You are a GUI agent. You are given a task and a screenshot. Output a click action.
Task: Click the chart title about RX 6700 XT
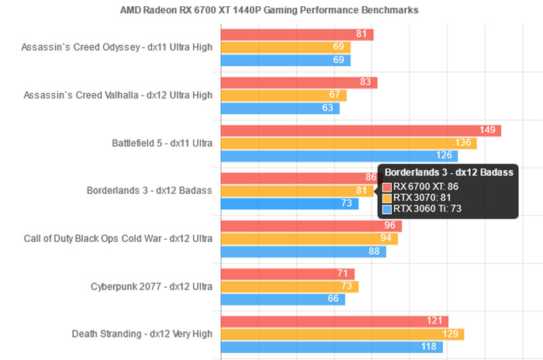coord(270,10)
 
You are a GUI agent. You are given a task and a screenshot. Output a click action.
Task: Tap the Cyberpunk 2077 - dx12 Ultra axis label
coord(151,286)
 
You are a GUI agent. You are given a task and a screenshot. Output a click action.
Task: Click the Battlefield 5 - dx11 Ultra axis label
coord(162,143)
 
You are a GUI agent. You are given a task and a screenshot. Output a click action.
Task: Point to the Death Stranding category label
coord(141,334)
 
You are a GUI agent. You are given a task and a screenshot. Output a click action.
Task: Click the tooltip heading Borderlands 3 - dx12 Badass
coord(448,171)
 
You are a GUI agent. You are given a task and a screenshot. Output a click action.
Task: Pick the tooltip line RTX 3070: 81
coord(422,198)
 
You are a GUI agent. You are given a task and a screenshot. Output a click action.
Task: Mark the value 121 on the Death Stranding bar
coord(435,321)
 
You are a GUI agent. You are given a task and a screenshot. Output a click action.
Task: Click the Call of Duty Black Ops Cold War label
coord(119,238)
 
